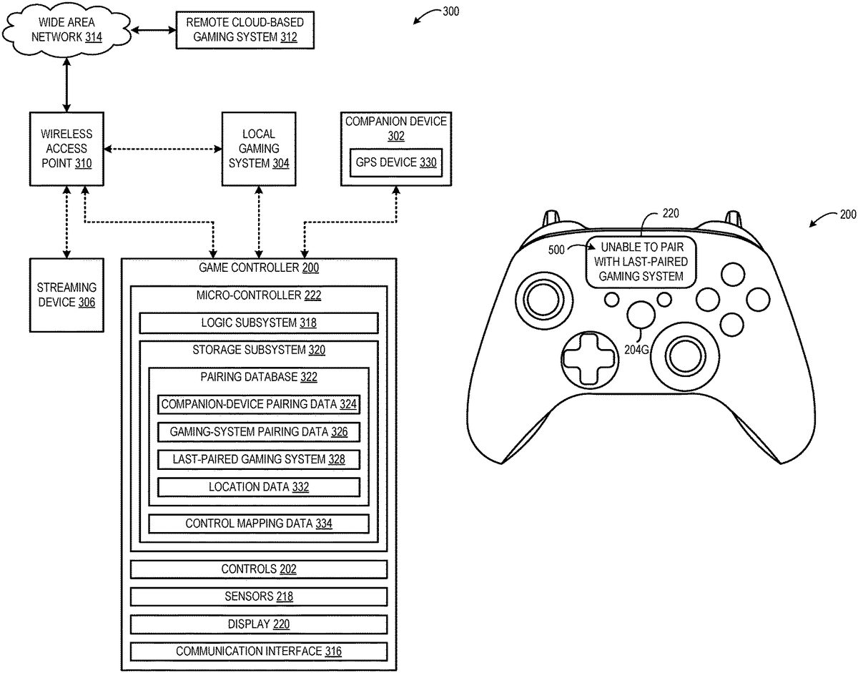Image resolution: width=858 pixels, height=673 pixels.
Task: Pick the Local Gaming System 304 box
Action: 259,149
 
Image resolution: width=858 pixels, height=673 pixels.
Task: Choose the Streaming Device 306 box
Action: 66,294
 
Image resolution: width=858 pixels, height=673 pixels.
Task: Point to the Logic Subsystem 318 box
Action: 259,323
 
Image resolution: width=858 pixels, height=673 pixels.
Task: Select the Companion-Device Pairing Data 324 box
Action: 258,404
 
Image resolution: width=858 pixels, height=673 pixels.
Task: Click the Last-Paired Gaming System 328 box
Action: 258,459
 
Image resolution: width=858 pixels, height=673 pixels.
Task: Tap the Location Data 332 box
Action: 258,487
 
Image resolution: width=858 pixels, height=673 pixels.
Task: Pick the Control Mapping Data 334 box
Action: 258,524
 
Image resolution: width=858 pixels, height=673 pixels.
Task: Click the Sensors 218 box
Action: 258,596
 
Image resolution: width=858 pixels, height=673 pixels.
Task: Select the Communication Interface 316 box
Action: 258,652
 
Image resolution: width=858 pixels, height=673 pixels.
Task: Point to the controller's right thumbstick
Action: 688,350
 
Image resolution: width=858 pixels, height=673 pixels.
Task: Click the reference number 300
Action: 451,11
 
